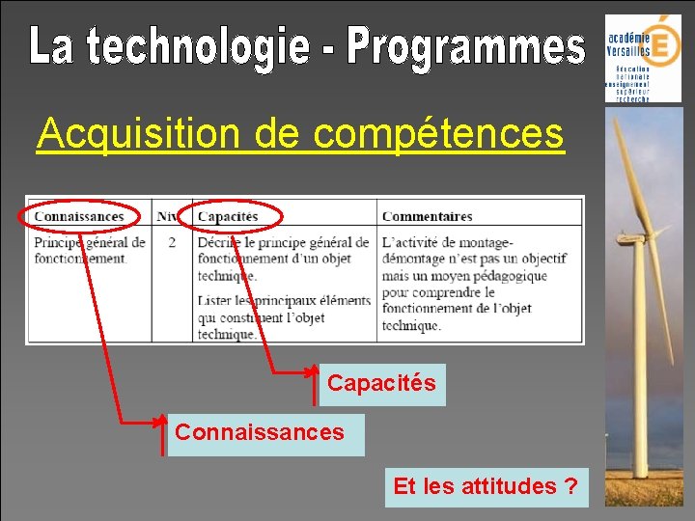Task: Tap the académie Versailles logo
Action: pyautogui.click(x=642, y=58)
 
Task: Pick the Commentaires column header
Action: pyautogui.click(x=427, y=216)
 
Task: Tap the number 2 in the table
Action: pyautogui.click(x=172, y=242)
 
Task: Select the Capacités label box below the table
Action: pyautogui.click(x=381, y=384)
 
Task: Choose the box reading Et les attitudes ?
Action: pyautogui.click(x=486, y=486)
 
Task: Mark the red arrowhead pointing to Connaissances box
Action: pyautogui.click(x=159, y=422)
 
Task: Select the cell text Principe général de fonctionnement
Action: pyautogui.click(x=89, y=250)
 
